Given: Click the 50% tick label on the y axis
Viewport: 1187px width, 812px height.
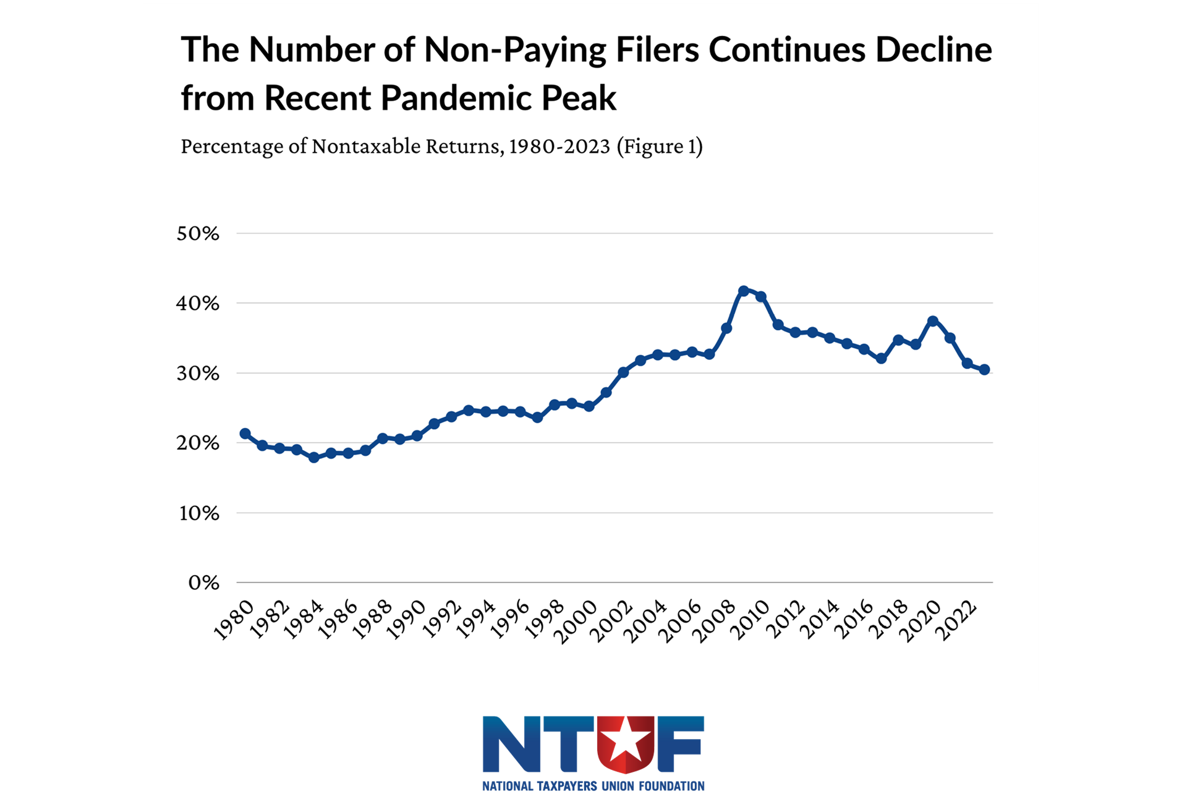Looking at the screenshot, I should click(x=198, y=234).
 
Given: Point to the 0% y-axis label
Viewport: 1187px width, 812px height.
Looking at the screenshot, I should click(x=203, y=583).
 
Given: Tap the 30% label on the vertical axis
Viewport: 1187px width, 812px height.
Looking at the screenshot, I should click(x=198, y=374).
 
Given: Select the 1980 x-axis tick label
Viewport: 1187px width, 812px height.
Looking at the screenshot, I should click(x=234, y=620).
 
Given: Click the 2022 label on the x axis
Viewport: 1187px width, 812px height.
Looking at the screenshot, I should click(x=956, y=621).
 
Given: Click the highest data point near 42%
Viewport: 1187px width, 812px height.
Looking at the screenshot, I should click(x=744, y=291).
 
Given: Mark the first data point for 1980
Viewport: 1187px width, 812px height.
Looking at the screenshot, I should click(x=245, y=434).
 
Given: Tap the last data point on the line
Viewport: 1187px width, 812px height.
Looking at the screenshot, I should click(x=985, y=370).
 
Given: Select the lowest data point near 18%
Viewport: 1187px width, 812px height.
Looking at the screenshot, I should click(x=314, y=458).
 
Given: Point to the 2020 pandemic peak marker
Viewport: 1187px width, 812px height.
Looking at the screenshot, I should click(x=933, y=321).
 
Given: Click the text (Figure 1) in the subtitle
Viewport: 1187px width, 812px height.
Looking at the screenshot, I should click(x=660, y=147).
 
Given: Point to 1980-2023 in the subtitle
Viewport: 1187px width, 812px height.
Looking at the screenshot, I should click(x=559, y=147).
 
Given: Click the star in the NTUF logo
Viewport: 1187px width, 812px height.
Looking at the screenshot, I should click(x=626, y=740).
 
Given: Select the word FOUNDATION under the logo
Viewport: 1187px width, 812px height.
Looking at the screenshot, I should click(x=671, y=786).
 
